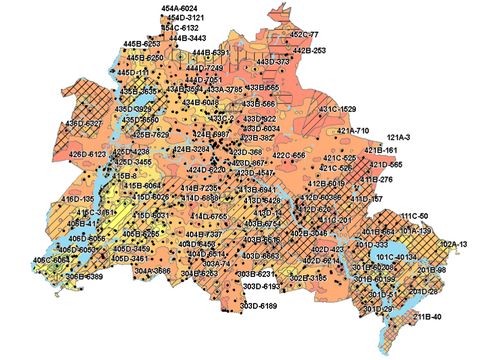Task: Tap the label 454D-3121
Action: point(185,18)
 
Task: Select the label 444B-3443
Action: point(188,38)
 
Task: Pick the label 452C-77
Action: point(304,35)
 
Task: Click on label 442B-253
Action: point(309,50)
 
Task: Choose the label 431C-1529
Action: point(338,108)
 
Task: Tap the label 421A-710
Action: point(354,131)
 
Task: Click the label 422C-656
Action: point(295,156)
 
